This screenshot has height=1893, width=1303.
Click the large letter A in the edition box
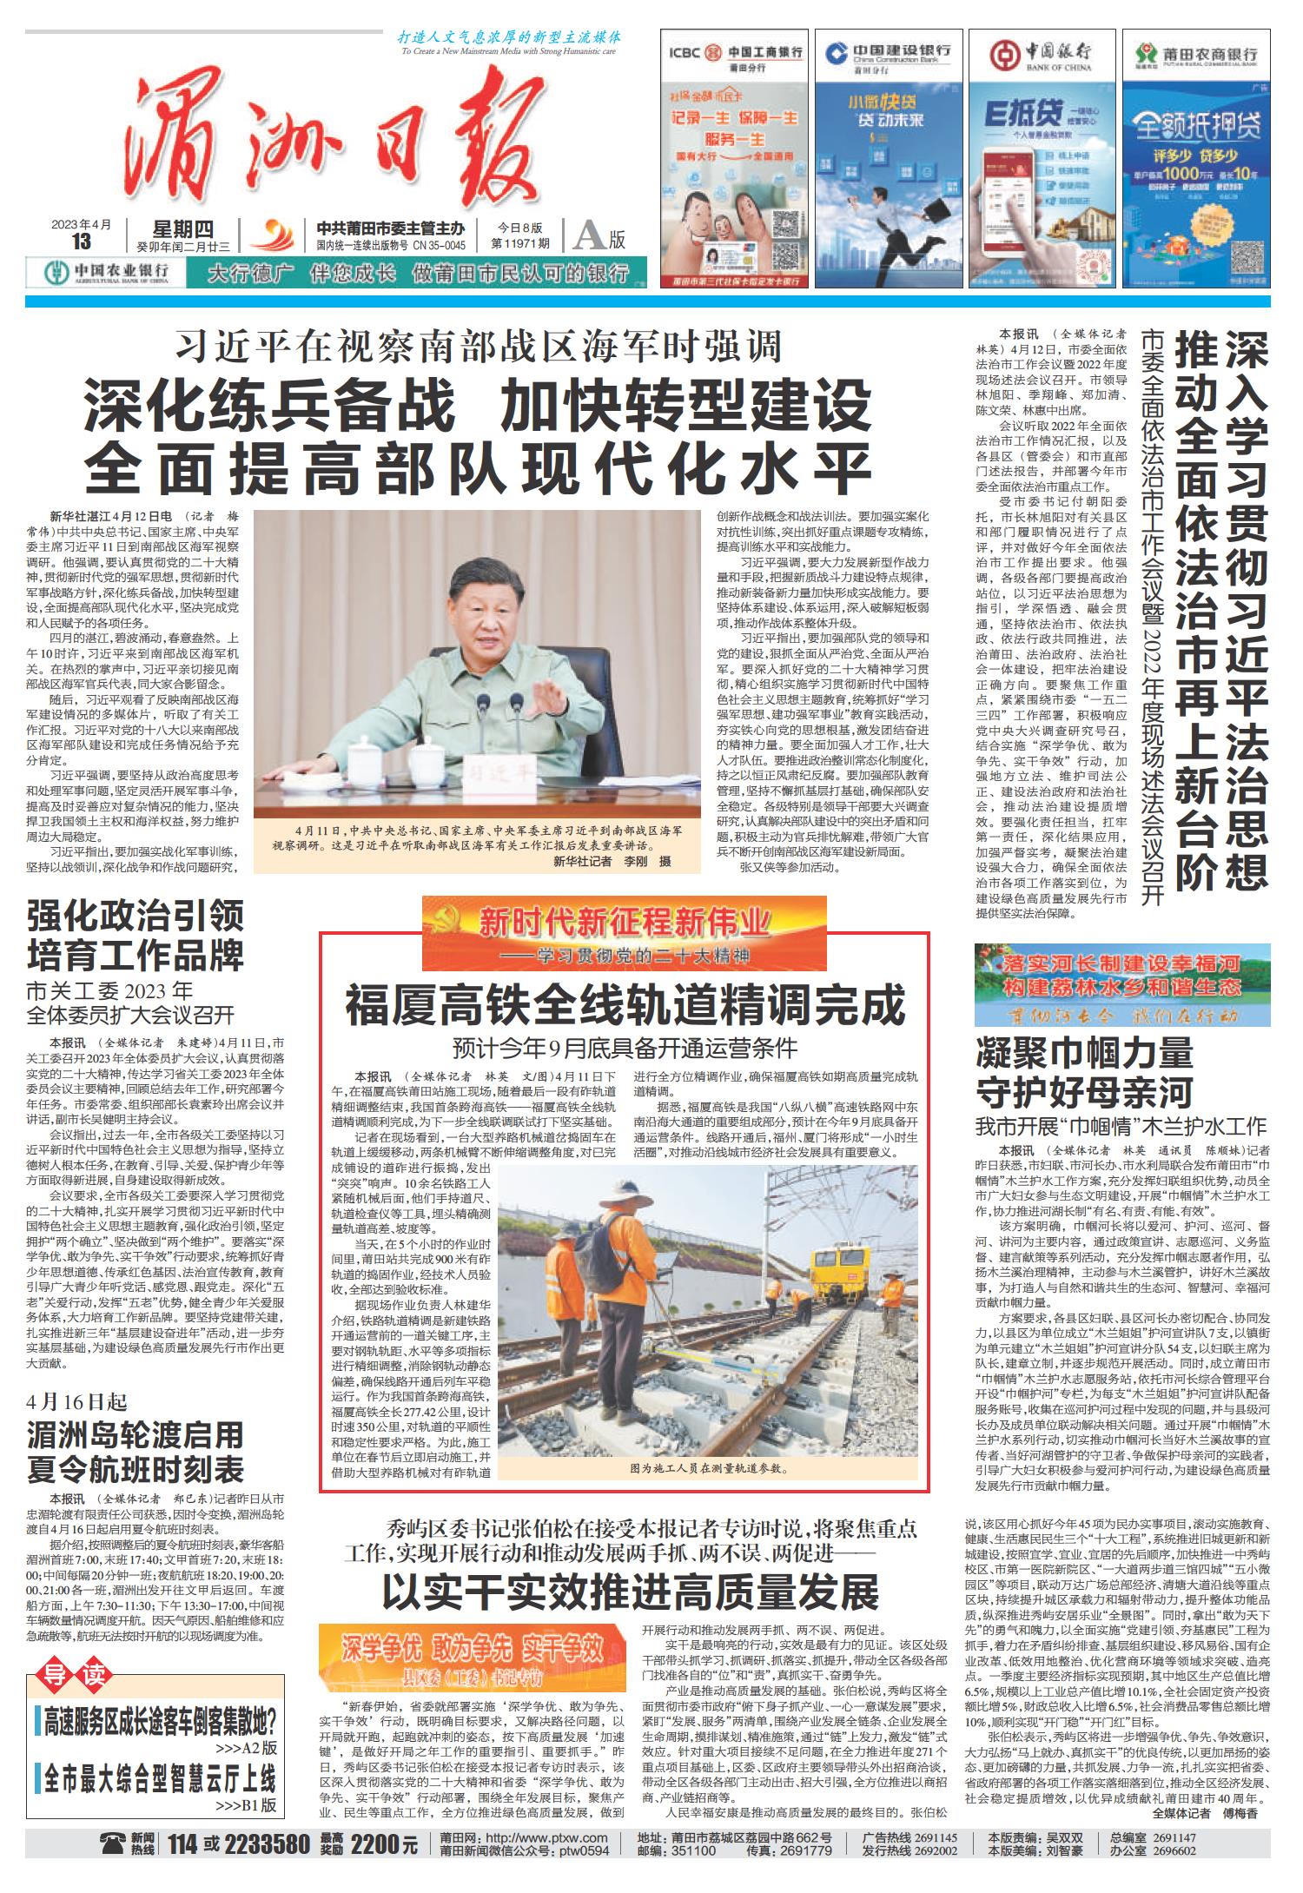[x=589, y=235]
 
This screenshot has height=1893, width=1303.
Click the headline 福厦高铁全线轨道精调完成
[x=625, y=1006]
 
